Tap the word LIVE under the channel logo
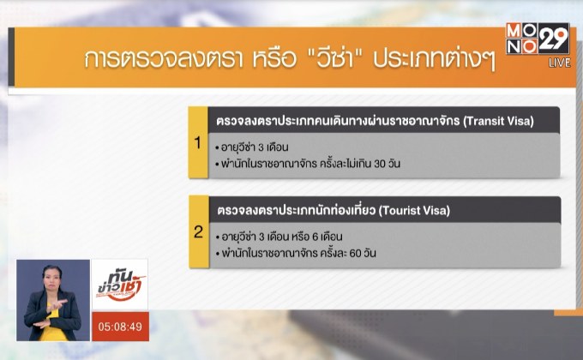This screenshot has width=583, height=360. [560, 63]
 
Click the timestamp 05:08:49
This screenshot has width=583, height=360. [120, 327]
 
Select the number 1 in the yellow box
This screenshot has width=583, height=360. [198, 143]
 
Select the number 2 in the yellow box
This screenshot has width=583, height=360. [198, 232]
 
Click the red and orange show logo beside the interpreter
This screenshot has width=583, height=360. [120, 285]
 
